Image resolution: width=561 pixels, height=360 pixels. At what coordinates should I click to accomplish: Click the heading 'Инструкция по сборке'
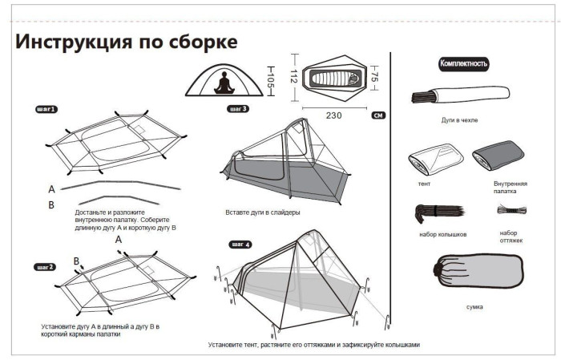click(x=126, y=42)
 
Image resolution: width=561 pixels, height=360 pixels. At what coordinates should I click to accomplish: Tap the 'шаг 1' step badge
click(x=46, y=108)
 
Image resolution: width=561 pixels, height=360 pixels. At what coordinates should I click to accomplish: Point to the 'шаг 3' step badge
click(x=238, y=109)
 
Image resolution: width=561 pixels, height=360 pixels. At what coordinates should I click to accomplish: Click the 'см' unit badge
click(x=377, y=115)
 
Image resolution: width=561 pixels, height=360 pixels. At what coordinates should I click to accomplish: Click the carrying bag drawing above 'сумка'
click(x=474, y=275)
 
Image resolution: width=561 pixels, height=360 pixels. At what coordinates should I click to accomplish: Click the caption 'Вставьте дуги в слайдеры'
click(x=263, y=213)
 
